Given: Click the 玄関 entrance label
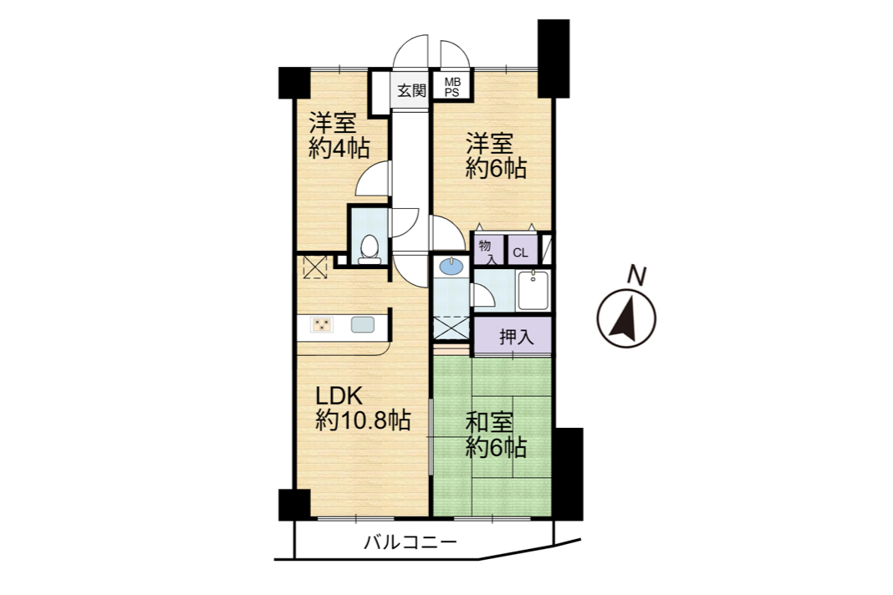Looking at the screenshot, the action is (411, 90).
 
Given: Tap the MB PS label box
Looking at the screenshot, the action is (452, 87).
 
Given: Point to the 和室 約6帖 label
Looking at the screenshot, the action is (496, 435).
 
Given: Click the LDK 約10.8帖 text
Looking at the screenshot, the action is (363, 409).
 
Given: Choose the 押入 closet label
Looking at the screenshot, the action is (516, 337).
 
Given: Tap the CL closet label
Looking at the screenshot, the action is (521, 253).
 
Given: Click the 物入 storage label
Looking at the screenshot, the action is (486, 252).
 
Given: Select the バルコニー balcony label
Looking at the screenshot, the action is (410, 542).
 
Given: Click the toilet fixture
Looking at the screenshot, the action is (370, 249).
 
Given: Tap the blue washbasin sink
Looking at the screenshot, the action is (452, 266).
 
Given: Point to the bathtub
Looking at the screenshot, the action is (533, 291).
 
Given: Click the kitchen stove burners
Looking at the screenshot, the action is (321, 325).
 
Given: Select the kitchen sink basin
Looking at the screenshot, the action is (362, 324).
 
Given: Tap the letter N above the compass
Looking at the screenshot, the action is (635, 276).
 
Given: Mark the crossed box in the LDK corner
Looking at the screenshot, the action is (315, 267).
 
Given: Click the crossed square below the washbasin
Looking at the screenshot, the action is (452, 329).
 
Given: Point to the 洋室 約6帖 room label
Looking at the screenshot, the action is (496, 155).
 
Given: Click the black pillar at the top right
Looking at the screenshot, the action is (554, 58).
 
